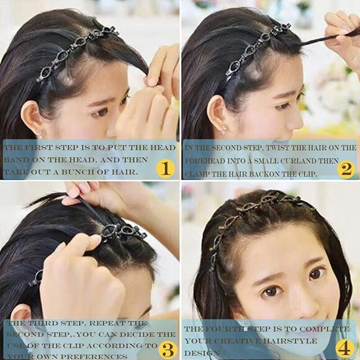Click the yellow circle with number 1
[x=164, y=168]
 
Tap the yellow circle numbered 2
[x=346, y=168]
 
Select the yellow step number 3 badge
[x=167, y=348]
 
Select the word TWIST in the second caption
[x=278, y=148]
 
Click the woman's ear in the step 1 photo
[x=31, y=118]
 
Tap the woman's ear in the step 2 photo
[x=212, y=114]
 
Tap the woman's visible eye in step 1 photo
[x=99, y=112]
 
